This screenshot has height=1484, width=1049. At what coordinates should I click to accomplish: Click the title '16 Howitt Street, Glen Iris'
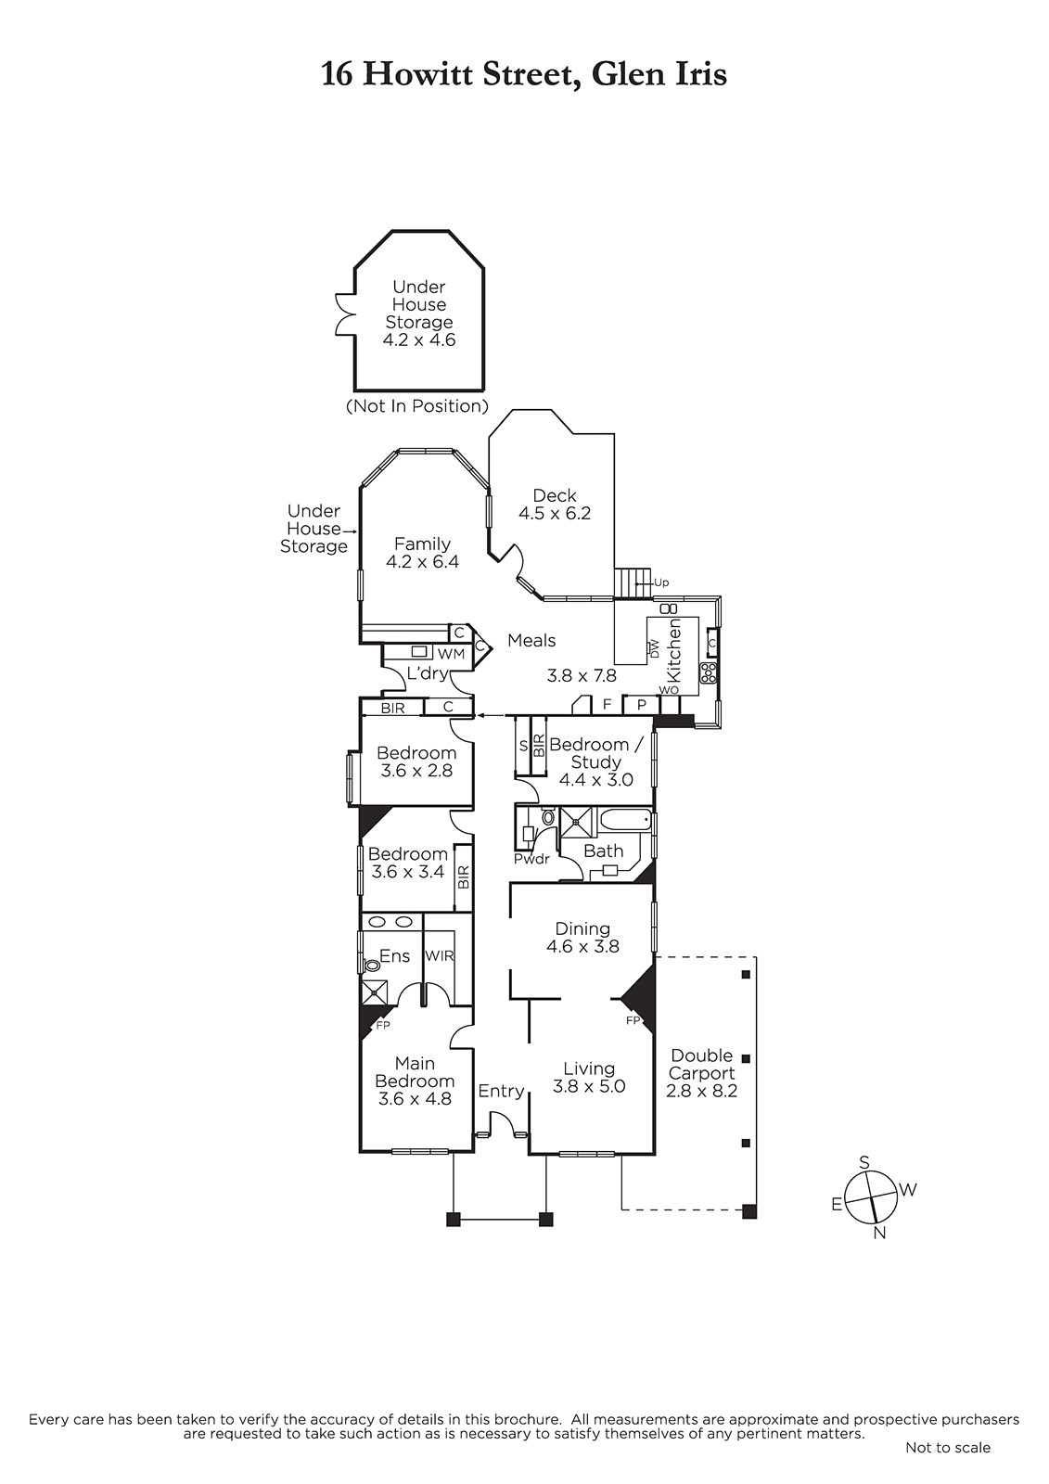pos(523,74)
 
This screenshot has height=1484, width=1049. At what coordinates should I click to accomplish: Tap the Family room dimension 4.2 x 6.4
pos(423,562)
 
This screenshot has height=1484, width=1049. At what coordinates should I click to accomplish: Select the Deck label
pos(555,495)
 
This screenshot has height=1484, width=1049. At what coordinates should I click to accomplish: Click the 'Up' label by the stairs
pos(661,583)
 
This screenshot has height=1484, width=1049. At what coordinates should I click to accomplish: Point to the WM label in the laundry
pos(452,655)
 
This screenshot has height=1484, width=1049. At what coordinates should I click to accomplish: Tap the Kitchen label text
pos(674,650)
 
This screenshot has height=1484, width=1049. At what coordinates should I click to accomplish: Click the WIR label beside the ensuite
pos(440,956)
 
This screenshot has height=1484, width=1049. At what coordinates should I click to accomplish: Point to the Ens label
pos(395,956)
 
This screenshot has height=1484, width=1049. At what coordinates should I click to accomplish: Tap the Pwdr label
pos(532,859)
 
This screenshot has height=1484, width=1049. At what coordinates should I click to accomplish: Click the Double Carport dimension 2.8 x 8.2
pos(702,1091)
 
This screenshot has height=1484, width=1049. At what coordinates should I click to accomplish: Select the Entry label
pos(501,1091)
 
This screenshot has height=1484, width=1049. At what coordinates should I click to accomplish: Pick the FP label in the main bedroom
pos(383,1026)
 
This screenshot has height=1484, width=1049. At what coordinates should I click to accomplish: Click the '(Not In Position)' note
pos(417,406)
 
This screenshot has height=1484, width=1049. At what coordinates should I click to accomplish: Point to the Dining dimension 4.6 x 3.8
pos(583,947)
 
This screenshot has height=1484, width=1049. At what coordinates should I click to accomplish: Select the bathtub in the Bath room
pos(625,822)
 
